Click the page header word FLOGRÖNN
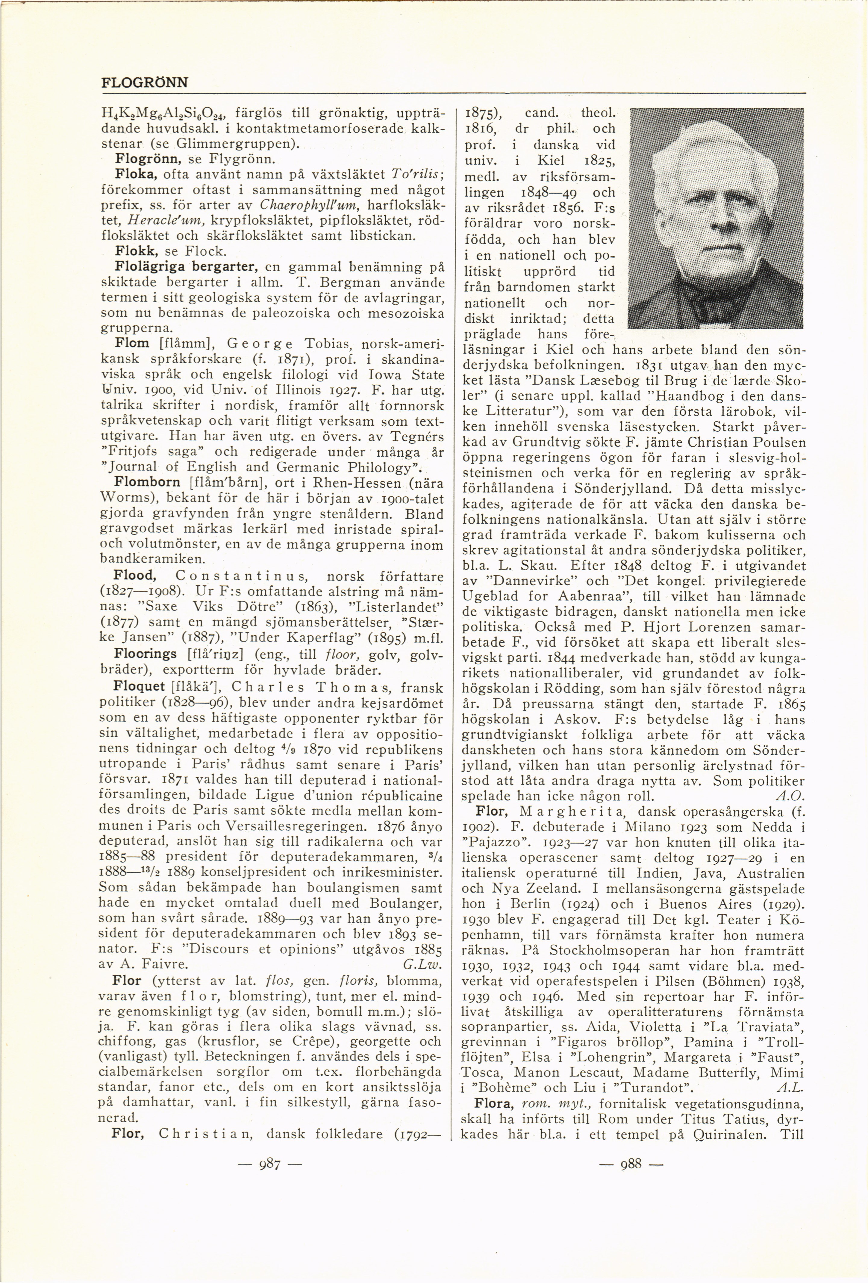point(145,83)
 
